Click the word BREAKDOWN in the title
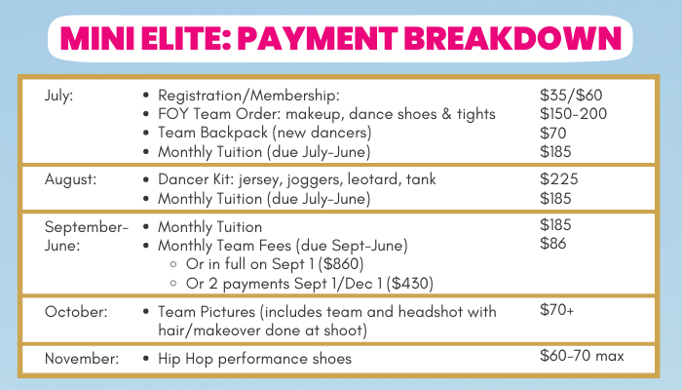(512, 38)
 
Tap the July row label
(58, 96)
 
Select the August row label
(70, 179)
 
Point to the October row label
(76, 312)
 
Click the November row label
(81, 358)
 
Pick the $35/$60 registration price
(571, 95)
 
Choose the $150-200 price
(573, 114)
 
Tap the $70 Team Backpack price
(552, 133)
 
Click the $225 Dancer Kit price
(559, 178)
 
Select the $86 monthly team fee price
(552, 243)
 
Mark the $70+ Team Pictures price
(556, 309)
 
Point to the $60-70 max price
(582, 356)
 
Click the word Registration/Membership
(248, 96)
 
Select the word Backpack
(240, 133)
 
